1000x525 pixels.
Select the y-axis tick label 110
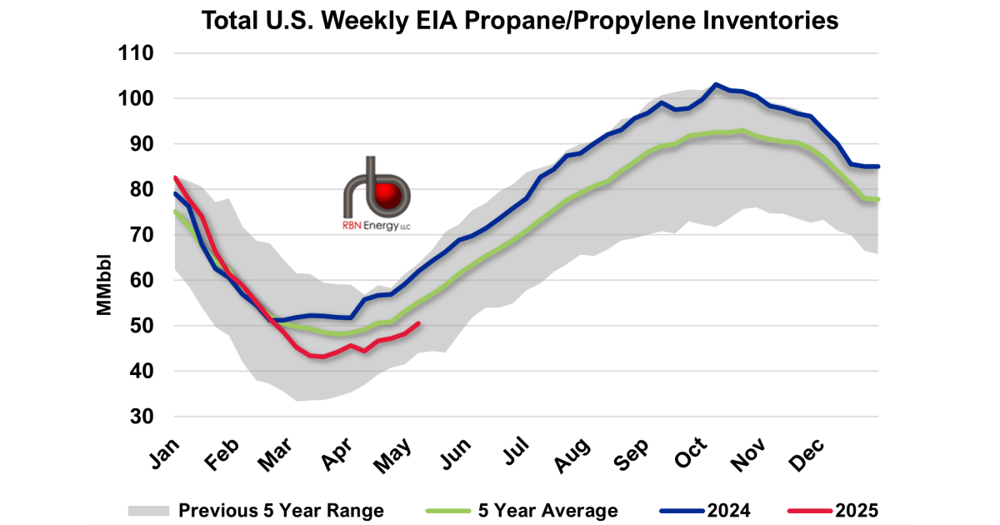coord(137,54)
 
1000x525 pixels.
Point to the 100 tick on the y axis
coord(137,99)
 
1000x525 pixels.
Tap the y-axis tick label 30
coord(142,417)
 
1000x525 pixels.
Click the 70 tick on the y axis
coord(142,235)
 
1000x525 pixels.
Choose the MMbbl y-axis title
coord(104,281)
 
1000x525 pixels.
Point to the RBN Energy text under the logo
coord(376,227)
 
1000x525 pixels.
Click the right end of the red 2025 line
coord(418,323)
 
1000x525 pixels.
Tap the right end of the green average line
coord(878,199)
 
